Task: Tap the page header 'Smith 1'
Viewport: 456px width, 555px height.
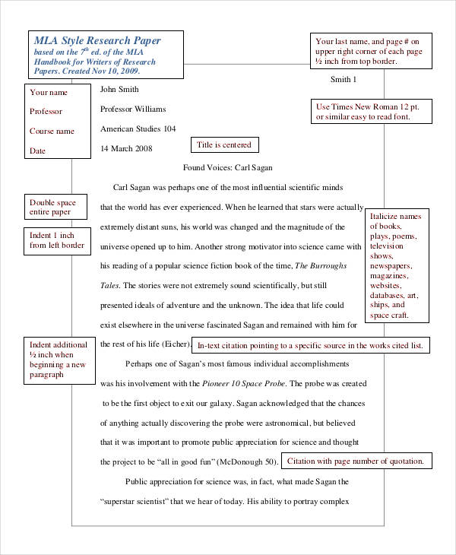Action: coord(344,80)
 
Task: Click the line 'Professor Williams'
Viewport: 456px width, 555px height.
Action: coord(133,109)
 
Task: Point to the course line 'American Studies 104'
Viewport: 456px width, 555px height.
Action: coord(138,128)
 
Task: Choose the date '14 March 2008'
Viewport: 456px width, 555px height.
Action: coord(127,147)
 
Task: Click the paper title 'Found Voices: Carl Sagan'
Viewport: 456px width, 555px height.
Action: coord(228,167)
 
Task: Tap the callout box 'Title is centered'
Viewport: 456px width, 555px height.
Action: coord(223,144)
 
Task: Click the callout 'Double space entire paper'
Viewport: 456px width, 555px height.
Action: coord(55,207)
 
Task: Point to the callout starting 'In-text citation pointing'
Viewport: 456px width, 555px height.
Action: coord(309,346)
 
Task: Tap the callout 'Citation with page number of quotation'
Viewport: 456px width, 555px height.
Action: coord(356,461)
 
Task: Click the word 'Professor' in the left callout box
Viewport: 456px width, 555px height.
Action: coord(46,112)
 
